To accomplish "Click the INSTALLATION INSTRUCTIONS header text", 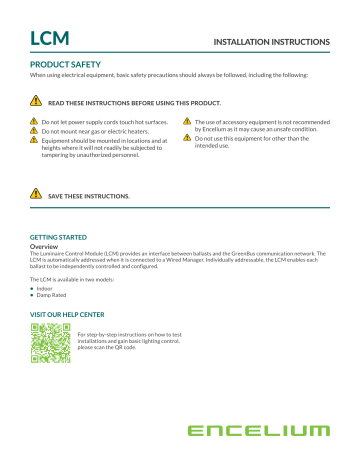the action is (269, 43).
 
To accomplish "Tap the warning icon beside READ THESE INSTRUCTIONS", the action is (35, 101).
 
